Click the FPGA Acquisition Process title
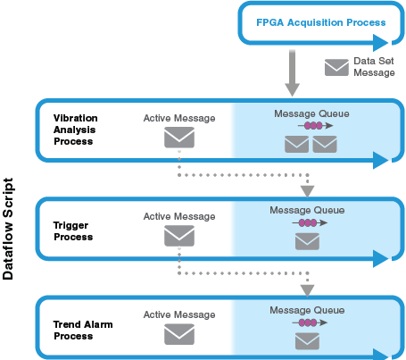coord(321,22)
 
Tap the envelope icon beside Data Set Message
coord(336,67)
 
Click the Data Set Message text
coord(374,67)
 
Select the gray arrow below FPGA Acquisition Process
coord(292,73)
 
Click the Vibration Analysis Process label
coord(76,130)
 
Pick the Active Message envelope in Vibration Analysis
coord(179,138)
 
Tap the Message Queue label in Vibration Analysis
coord(311,113)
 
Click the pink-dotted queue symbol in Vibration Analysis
coord(315,126)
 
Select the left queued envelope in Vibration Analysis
coord(296,145)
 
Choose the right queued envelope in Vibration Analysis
coord(325,145)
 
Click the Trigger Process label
coord(73,231)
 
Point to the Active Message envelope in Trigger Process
coord(179,236)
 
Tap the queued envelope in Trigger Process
coord(307,241)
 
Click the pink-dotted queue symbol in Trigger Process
coord(310,222)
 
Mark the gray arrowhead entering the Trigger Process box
coord(307,191)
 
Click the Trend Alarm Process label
coord(83,330)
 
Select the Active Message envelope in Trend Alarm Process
coord(179,334)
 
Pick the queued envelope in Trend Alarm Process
coord(307,341)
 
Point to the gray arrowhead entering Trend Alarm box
coord(307,290)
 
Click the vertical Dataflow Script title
coord(8,229)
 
